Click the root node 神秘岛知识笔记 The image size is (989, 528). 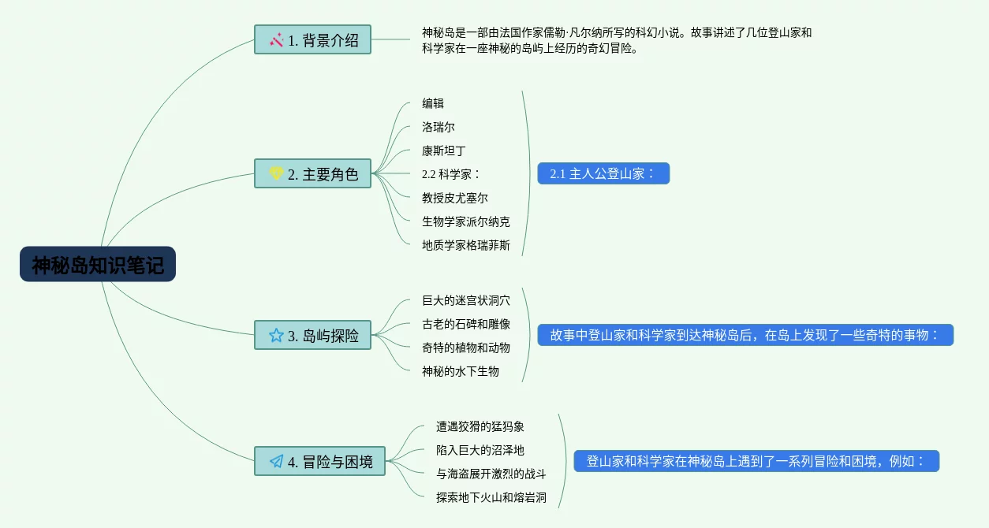tap(98, 265)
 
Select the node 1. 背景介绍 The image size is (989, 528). tap(312, 39)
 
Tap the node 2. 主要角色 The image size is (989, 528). tap(312, 173)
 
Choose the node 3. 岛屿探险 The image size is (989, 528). tap(312, 335)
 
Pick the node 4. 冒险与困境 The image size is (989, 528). tap(319, 461)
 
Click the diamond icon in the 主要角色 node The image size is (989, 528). tap(276, 173)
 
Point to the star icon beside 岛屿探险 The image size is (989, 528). tap(276, 335)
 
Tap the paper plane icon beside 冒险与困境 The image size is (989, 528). tap(276, 461)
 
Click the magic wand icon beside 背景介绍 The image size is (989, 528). tap(276, 39)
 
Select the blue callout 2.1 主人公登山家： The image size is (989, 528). tap(603, 173)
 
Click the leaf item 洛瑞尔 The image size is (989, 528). tap(439, 127)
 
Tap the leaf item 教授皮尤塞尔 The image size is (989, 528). tap(455, 198)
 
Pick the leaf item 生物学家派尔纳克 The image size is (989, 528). tap(466, 221)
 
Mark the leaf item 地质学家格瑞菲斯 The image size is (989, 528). tap(466, 245)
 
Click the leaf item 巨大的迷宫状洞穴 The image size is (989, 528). tap(466, 300)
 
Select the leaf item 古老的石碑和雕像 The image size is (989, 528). tap(466, 324)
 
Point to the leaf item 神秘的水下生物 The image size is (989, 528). tap(461, 371)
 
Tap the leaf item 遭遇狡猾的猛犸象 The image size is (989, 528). tap(480, 426)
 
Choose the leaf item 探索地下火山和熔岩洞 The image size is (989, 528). tap(491, 497)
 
